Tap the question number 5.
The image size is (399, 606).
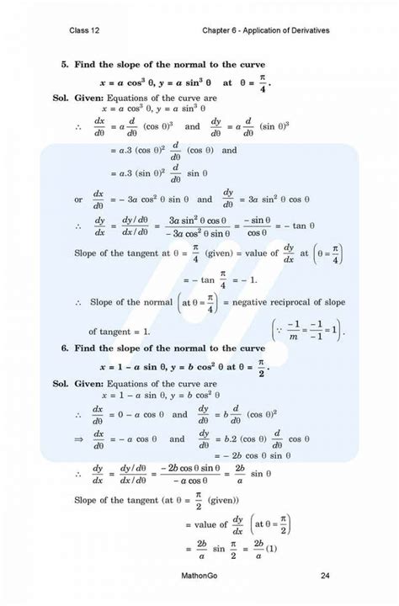[64, 65]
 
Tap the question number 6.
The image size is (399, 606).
[64, 348]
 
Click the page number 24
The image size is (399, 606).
[325, 576]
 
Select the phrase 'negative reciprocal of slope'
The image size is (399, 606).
[287, 301]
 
